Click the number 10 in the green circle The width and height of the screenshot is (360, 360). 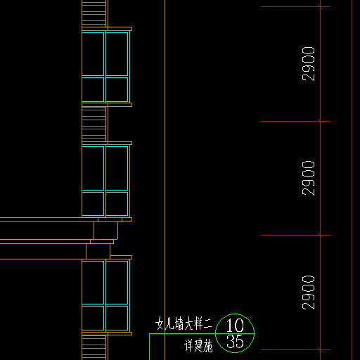pyautogui.click(x=235, y=326)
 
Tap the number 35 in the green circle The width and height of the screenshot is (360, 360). pyautogui.click(x=235, y=342)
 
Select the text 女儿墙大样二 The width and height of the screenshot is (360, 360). pyautogui.click(x=184, y=323)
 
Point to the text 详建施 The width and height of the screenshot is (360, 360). pyautogui.click(x=198, y=346)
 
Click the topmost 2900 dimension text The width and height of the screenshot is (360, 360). pyautogui.click(x=309, y=64)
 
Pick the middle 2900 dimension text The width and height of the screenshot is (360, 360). pyautogui.click(x=309, y=179)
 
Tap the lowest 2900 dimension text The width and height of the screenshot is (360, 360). pyautogui.click(x=309, y=292)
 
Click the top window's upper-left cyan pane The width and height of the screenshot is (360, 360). pyautogui.click(x=93, y=54)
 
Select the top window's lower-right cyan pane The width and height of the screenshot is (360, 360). pyautogui.click(x=117, y=89)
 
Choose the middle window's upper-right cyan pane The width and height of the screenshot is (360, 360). pyautogui.click(x=117, y=168)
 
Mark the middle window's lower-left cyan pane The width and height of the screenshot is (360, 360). pyautogui.click(x=93, y=204)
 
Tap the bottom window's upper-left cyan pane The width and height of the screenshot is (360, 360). pyautogui.click(x=93, y=283)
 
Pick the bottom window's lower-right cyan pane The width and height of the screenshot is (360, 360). pyautogui.click(x=117, y=318)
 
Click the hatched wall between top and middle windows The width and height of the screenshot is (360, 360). pyautogui.click(x=94, y=124)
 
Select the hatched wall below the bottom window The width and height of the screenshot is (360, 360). pyautogui.click(x=94, y=347)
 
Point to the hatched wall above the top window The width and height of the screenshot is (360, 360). pyautogui.click(x=94, y=13)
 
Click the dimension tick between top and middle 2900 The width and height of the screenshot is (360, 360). pyautogui.click(x=321, y=121)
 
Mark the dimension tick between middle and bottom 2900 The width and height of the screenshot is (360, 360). pyautogui.click(x=321, y=235)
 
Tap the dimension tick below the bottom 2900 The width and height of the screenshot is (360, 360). pyautogui.click(x=321, y=349)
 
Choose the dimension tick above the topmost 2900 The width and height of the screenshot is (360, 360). pyautogui.click(x=321, y=6)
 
